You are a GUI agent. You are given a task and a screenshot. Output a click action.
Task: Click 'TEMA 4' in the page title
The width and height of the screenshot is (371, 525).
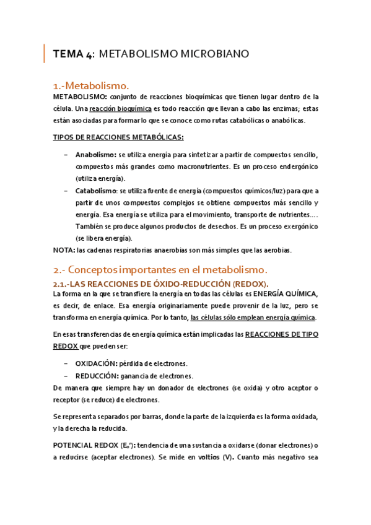pos(73,54)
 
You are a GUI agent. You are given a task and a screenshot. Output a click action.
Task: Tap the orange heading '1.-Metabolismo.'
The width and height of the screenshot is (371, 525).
pos(91,85)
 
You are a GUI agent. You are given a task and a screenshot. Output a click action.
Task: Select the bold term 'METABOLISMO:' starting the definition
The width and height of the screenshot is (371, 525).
pos(80,97)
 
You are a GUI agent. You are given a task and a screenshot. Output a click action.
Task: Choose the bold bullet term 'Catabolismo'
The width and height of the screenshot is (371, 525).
pos(96,191)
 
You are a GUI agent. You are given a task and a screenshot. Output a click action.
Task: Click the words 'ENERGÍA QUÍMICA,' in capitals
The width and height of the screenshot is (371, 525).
pos(287,293)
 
